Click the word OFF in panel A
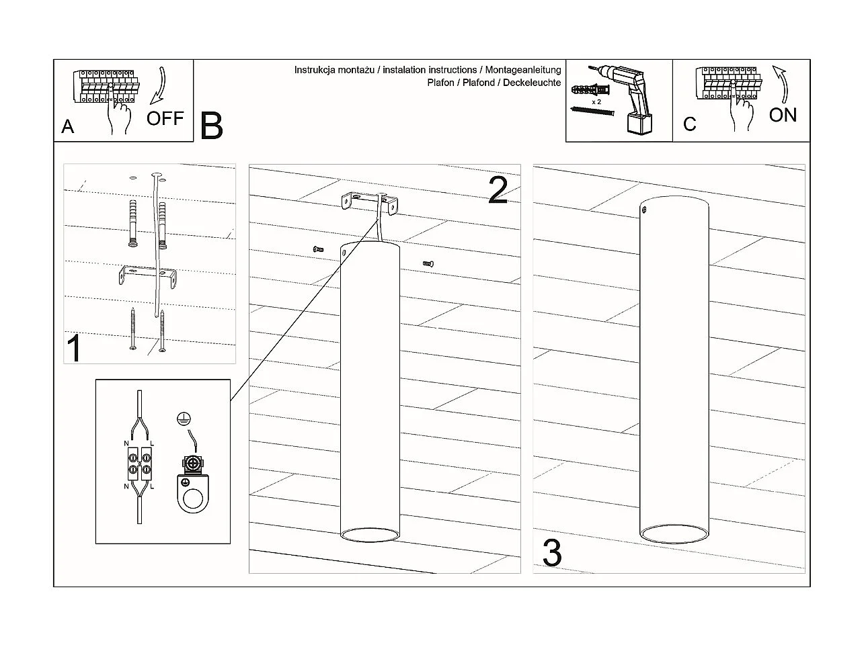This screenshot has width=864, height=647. pos(165,118)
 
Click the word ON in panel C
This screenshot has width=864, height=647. pos(783,115)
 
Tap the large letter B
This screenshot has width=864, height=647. pos(212,125)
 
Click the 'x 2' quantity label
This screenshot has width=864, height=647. pos(596,101)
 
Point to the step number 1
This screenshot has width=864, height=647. pos(74,348)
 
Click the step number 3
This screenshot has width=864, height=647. pos(552,553)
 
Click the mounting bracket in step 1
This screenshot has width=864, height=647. pos(147,276)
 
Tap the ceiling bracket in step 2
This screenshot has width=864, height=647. pos(369,201)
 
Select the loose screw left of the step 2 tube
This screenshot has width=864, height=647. pos(319,249)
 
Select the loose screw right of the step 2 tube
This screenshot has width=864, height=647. pos(428,263)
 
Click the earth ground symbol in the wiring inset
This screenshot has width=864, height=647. pos(181,418)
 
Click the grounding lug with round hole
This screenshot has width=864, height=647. pos(194,487)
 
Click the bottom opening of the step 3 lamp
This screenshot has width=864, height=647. pos(673,535)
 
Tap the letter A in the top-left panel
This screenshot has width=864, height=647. pos(67,126)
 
